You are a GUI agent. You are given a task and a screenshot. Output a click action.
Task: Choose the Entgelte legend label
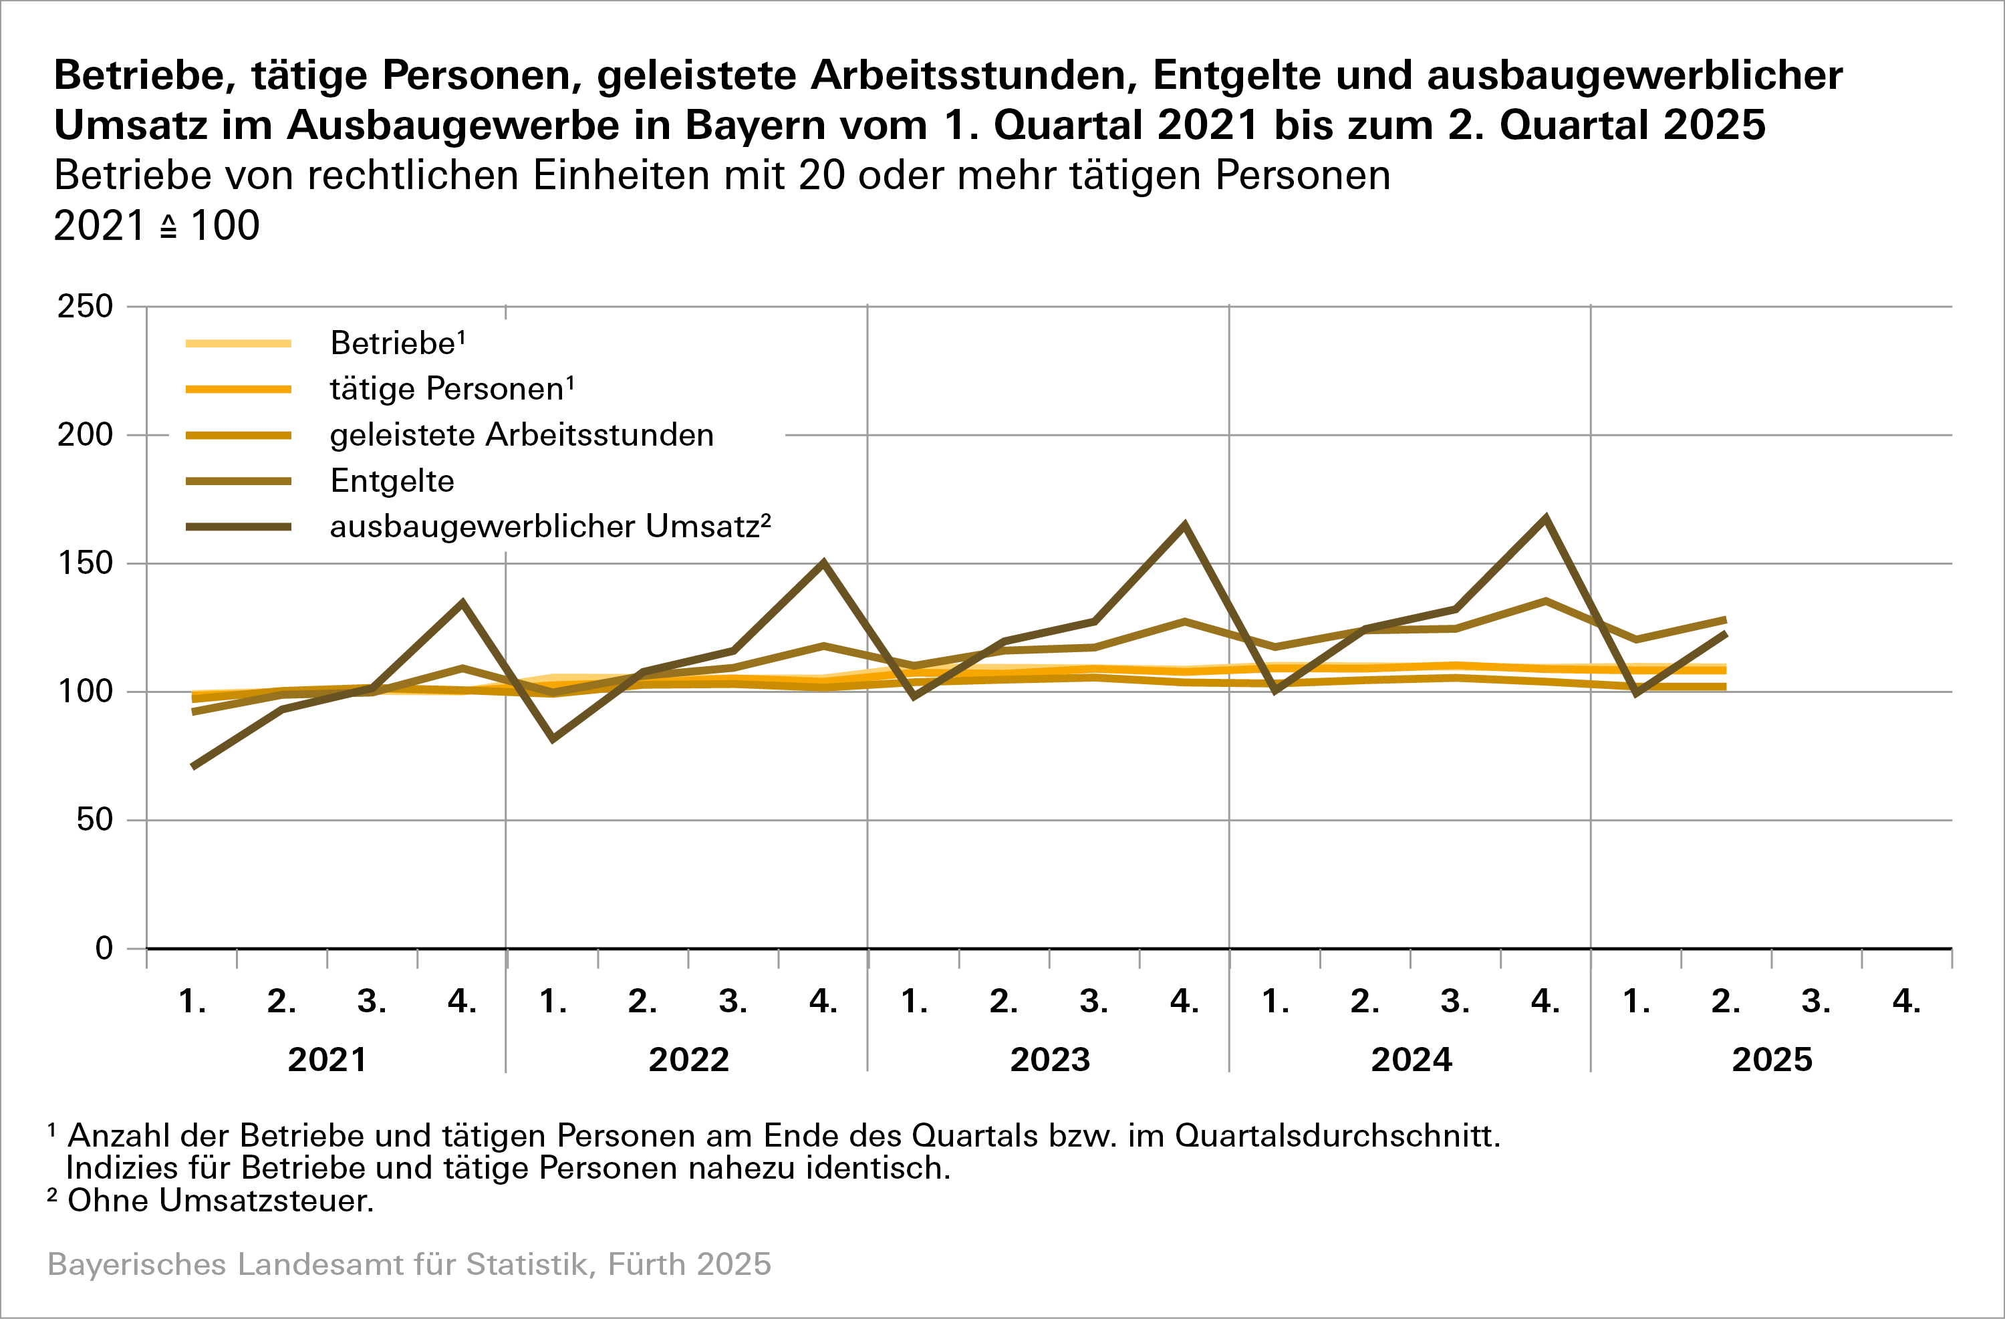392,481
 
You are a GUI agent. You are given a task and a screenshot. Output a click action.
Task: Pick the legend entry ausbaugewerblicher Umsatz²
550,527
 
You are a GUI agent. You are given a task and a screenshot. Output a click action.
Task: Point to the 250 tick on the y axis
85,307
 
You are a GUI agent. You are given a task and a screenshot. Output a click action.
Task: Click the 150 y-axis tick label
85,563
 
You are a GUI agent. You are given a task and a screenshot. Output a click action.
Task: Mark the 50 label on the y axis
94,820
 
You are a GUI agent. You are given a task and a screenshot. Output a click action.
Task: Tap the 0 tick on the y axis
104,948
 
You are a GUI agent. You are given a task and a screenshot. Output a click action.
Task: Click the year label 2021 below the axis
327,1060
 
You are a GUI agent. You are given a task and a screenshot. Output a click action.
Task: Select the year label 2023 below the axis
1050,1060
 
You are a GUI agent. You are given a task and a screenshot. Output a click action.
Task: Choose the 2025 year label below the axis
1772,1060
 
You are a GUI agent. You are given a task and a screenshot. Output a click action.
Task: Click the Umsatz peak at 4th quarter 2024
1545,518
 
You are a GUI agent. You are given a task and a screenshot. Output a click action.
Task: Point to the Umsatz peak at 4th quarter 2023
1184,526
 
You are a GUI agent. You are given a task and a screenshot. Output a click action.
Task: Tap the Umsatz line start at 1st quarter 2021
194,766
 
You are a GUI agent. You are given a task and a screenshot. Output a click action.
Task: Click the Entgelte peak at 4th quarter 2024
1545,601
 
